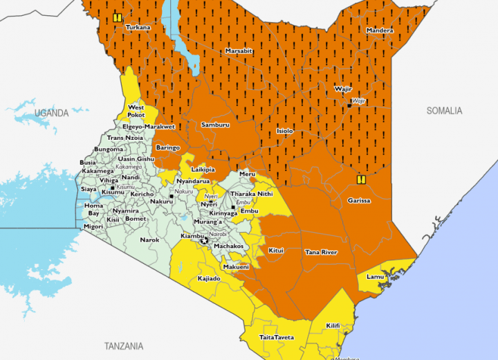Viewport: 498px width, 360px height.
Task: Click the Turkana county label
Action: pos(137,27)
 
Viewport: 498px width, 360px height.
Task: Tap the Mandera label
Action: pos(380,30)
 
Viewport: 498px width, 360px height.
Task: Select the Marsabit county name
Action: pos(238,51)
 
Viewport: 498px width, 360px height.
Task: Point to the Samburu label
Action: pos(215,124)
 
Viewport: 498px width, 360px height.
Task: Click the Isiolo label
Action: pos(284,131)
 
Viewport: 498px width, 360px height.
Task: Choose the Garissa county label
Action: pos(358,201)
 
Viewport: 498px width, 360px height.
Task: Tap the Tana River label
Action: pos(321,252)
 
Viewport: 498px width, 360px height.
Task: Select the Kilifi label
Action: pos(333,325)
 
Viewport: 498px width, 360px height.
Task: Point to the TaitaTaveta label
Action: pos(277,337)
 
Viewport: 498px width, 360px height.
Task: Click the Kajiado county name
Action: pos(209,278)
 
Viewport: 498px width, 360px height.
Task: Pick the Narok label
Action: pos(149,240)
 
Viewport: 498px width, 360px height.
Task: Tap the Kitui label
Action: pos(275,250)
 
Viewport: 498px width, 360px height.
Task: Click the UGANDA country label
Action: pos(52,112)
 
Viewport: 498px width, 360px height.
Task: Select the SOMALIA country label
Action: pos(444,111)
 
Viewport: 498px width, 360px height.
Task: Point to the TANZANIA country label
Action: pos(123,345)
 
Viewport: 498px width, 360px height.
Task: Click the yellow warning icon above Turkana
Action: pos(118,18)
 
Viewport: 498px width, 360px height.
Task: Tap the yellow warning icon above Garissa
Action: pos(360,179)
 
